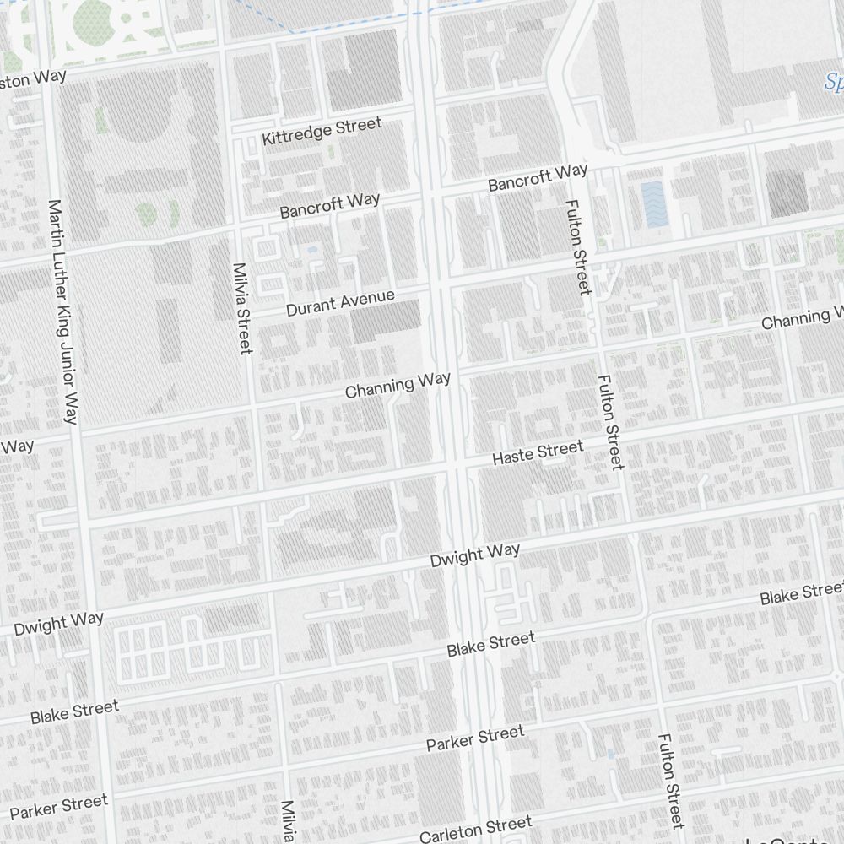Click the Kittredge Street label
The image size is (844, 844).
click(x=322, y=132)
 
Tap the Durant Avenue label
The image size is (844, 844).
click(x=340, y=303)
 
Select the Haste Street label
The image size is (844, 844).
click(x=538, y=452)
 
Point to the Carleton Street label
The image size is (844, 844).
click(x=476, y=828)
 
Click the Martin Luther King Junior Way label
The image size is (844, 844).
click(x=63, y=312)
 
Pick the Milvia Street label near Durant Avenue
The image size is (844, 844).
click(x=242, y=308)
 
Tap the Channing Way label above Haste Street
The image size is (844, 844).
click(x=398, y=385)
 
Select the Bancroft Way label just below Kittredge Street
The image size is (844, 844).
click(x=330, y=205)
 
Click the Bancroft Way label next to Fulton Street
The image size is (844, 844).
click(x=538, y=178)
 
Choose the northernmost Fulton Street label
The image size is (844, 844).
click(x=578, y=246)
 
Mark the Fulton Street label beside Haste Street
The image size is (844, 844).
click(x=609, y=422)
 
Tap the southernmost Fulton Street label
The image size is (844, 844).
click(x=670, y=781)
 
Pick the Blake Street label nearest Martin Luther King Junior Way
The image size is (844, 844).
click(x=74, y=712)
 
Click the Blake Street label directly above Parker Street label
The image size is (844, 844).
click(x=490, y=644)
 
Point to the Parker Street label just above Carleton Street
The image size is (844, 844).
click(x=474, y=738)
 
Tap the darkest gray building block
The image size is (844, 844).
click(x=787, y=192)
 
